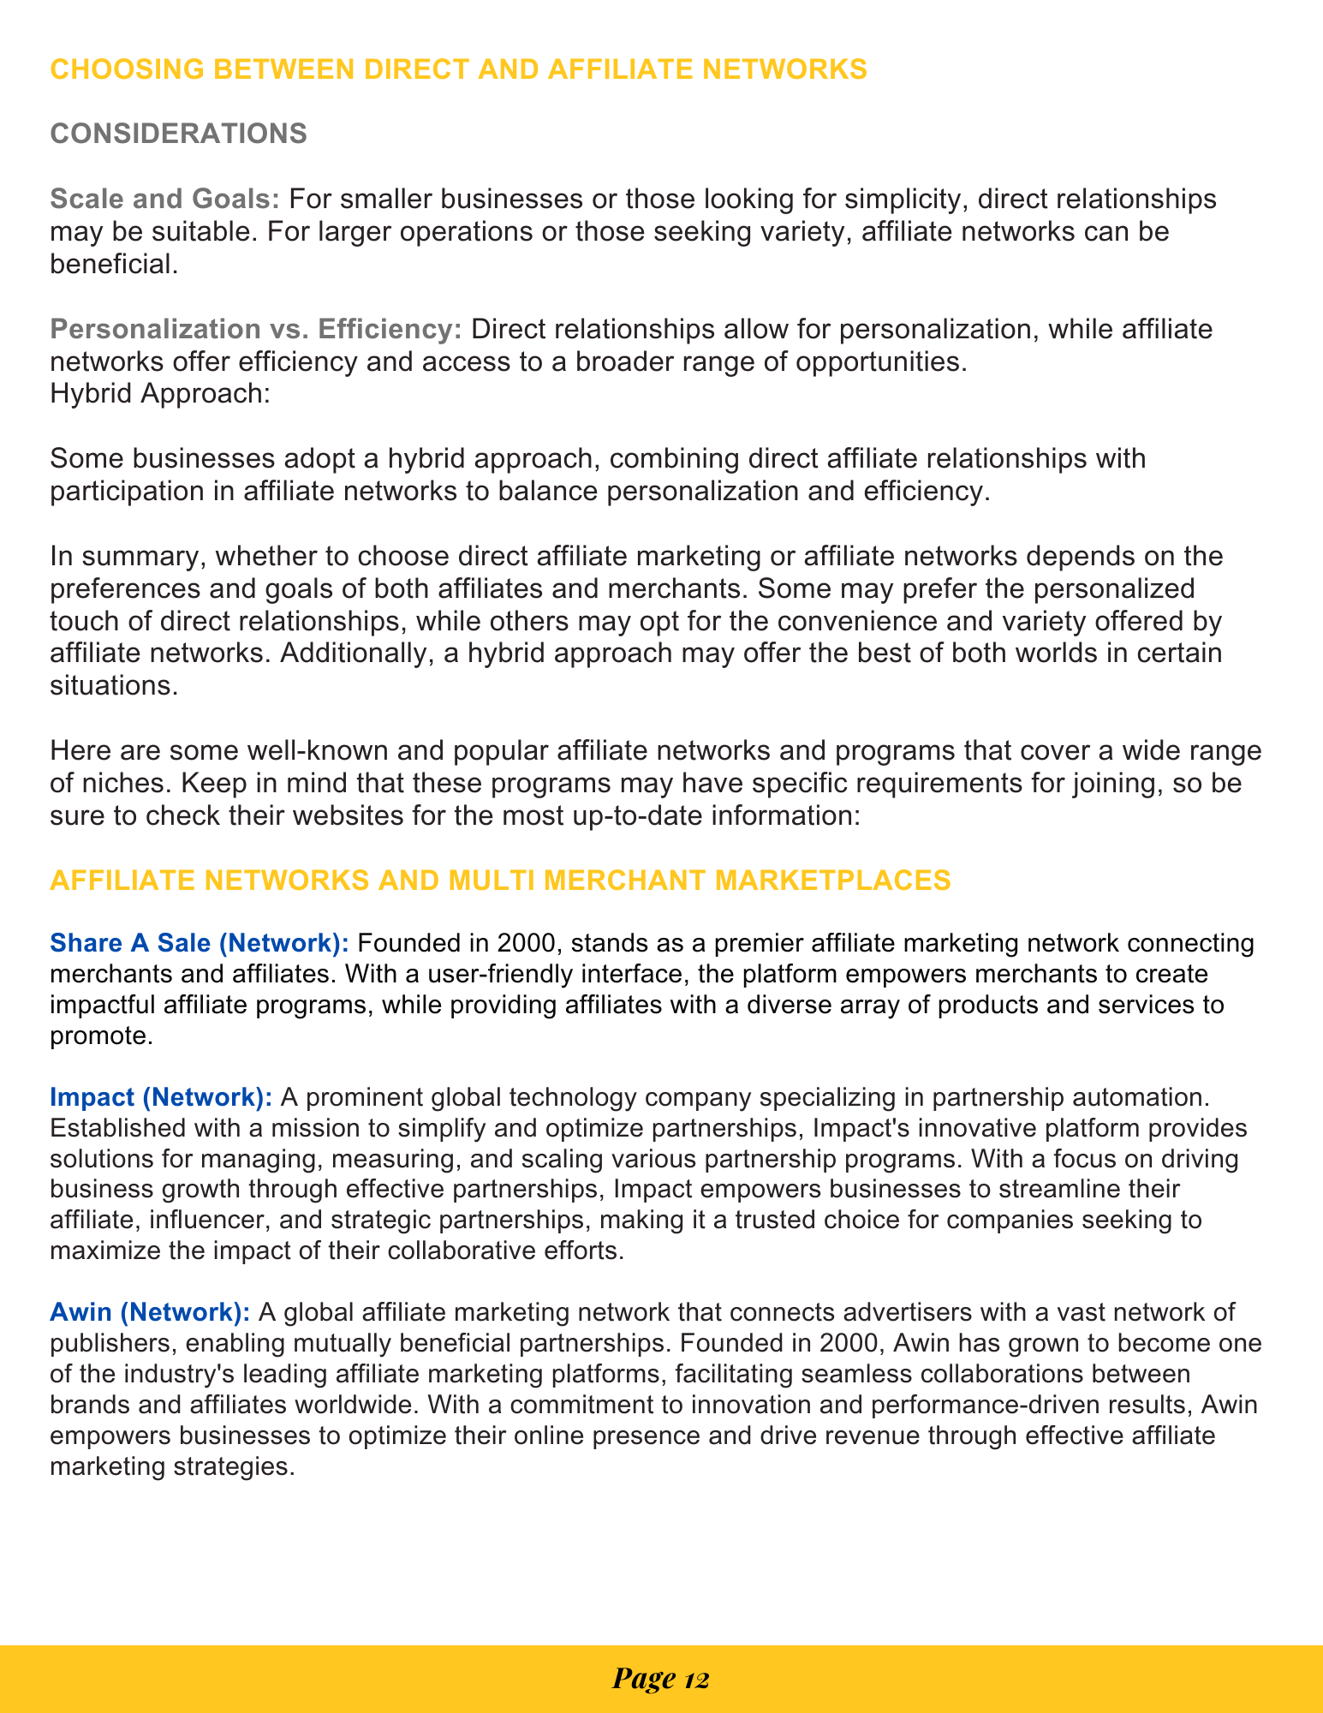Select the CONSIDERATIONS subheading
click(178, 134)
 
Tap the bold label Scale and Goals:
click(165, 200)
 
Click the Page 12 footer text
click(661, 1679)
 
